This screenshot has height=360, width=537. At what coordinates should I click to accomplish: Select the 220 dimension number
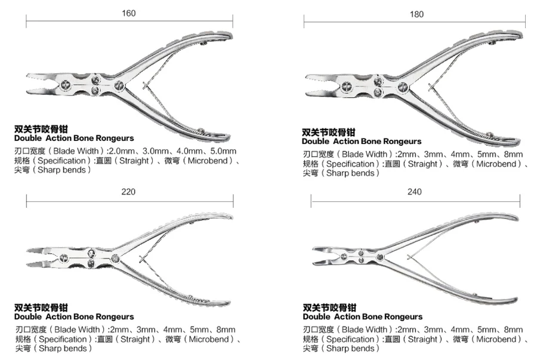click(x=128, y=192)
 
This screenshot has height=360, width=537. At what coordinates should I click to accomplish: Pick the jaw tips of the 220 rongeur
click(x=30, y=257)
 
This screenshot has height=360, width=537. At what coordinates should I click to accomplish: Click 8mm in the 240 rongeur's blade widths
click(x=513, y=330)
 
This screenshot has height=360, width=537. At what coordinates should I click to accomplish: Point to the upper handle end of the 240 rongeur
click(x=513, y=217)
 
